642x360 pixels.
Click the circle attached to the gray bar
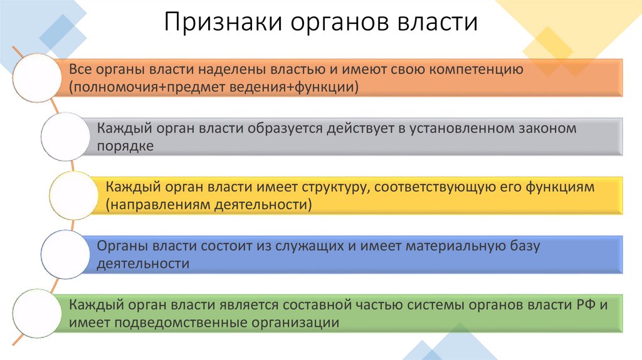point(65,137)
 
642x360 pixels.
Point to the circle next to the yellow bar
point(74,195)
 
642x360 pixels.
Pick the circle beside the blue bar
point(65,254)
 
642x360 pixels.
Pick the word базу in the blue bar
point(525,246)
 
